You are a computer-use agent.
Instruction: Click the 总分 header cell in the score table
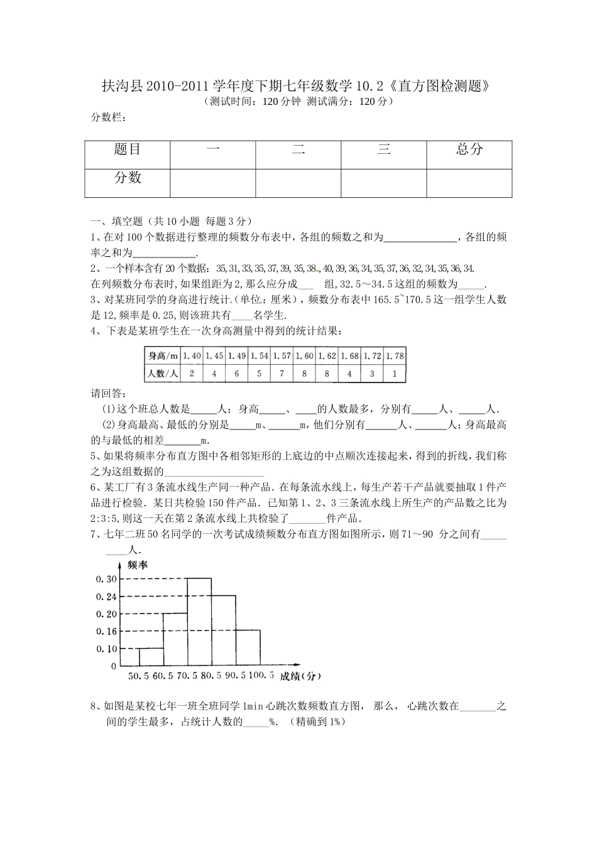click(469, 149)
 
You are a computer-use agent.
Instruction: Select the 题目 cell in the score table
click(128, 149)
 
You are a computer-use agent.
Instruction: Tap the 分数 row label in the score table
click(128, 178)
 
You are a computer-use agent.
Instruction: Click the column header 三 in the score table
click(384, 149)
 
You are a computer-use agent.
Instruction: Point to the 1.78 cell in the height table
click(395, 356)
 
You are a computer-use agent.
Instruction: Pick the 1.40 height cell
click(192, 356)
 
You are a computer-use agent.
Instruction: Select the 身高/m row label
click(163, 356)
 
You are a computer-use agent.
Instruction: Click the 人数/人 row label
click(163, 373)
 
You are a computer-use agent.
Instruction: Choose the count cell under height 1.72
click(372, 373)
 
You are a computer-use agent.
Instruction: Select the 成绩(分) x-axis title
click(300, 676)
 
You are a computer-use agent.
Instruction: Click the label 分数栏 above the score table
click(108, 117)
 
